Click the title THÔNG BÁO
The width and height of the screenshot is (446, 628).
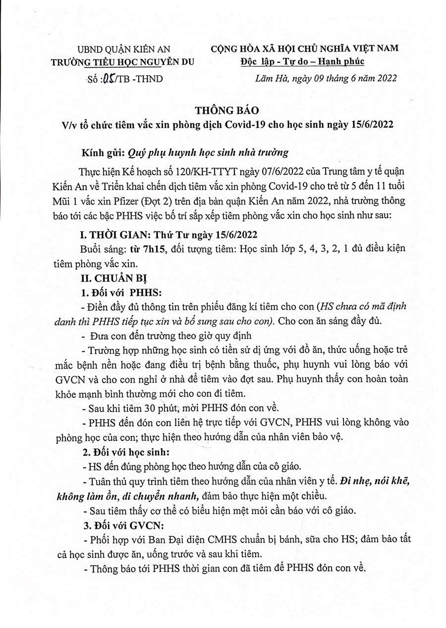point(223,110)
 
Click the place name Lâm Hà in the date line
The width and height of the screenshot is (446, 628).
point(268,78)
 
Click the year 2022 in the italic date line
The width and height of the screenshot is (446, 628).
point(387,78)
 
